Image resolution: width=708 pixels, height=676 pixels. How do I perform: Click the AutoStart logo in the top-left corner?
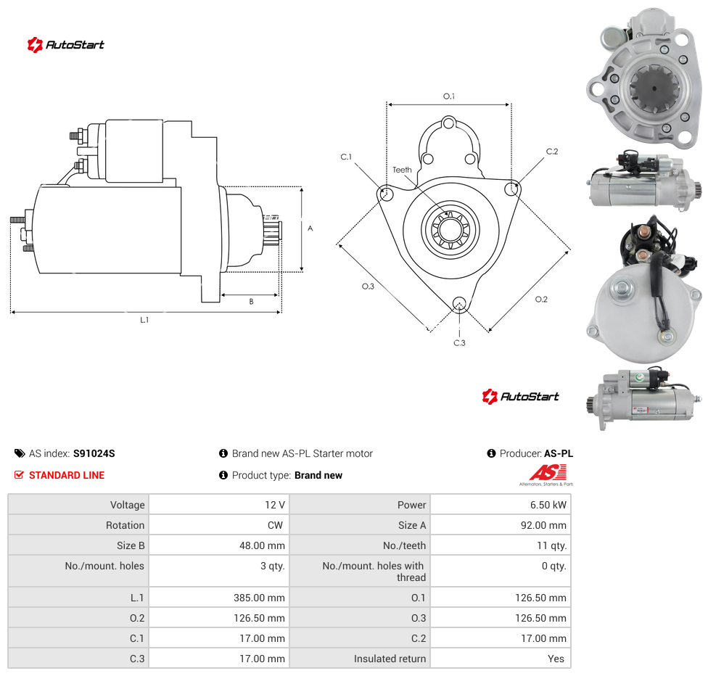[66, 45]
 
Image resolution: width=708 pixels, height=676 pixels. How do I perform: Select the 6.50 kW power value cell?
[548, 505]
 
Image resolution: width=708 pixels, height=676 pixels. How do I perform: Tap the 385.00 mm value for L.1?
[259, 598]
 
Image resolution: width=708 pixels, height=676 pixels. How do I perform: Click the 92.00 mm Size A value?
[543, 525]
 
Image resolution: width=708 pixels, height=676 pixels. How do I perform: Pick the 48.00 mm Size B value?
[262, 545]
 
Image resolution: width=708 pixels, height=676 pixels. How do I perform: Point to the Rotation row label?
[125, 525]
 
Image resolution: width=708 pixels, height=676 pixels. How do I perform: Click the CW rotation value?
[275, 525]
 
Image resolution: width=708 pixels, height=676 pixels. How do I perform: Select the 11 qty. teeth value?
[552, 545]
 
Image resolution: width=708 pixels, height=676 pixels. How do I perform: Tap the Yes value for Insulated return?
[556, 659]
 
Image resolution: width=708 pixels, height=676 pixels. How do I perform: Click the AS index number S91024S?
[94, 453]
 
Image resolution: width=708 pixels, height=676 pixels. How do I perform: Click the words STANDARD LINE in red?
[67, 475]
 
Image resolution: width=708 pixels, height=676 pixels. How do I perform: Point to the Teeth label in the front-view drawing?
[402, 170]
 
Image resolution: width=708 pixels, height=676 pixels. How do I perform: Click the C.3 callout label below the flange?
[459, 343]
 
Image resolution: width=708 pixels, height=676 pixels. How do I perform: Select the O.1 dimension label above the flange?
[449, 96]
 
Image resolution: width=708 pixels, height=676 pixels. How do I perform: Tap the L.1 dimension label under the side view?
[144, 320]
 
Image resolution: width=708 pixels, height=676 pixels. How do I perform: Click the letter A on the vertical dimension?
[310, 228]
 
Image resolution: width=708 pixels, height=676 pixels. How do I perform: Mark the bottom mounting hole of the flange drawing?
[459, 303]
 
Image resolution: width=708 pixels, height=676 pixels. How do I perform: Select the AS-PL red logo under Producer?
[547, 475]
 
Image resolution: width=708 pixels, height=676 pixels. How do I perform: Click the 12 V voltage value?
[274, 505]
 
